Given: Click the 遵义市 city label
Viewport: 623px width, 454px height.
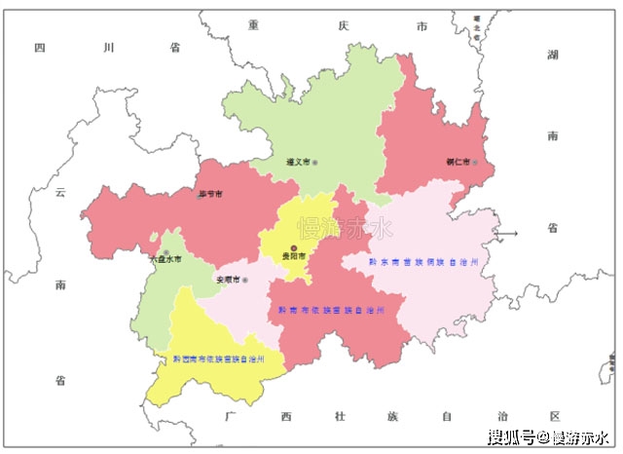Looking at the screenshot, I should [x=298, y=162].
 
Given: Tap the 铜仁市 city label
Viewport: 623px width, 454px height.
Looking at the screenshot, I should [x=458, y=162].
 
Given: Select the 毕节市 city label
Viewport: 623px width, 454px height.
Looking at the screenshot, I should [x=208, y=195].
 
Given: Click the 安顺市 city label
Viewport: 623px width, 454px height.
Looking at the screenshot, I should [x=227, y=281].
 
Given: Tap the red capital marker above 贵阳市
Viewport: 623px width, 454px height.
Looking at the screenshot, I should [x=294, y=247].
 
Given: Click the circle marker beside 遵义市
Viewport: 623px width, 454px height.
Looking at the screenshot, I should [x=314, y=162].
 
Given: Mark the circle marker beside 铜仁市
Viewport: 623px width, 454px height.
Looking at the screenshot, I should [x=475, y=162].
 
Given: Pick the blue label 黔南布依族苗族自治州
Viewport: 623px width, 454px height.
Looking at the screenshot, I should [x=331, y=310].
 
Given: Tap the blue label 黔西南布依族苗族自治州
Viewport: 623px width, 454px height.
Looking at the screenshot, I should [x=219, y=359].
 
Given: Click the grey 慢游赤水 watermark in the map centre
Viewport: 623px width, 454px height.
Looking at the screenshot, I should [x=346, y=230].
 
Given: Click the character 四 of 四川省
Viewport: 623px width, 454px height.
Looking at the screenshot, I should [x=40, y=47].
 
